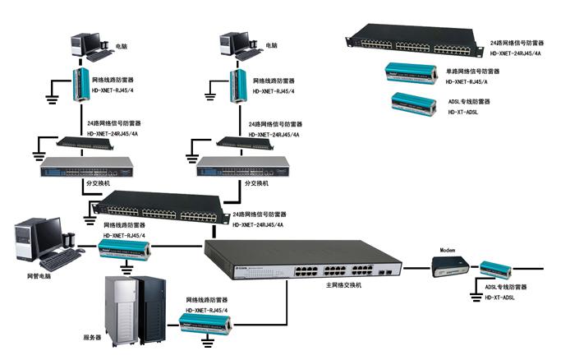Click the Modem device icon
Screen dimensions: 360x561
[452, 265]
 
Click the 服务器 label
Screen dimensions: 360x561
[92, 337]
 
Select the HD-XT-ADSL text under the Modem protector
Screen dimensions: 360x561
[500, 298]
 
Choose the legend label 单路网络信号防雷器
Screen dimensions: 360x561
[474, 72]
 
